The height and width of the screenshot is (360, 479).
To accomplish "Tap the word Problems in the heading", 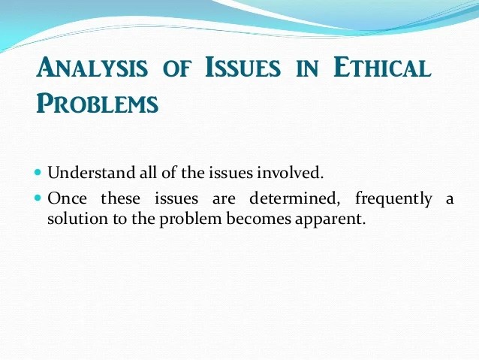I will click(98, 103).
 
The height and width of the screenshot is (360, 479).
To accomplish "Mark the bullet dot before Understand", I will click(39, 173).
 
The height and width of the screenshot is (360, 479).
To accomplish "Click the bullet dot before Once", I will click(39, 199).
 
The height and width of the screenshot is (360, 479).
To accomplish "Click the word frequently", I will click(393, 201).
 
